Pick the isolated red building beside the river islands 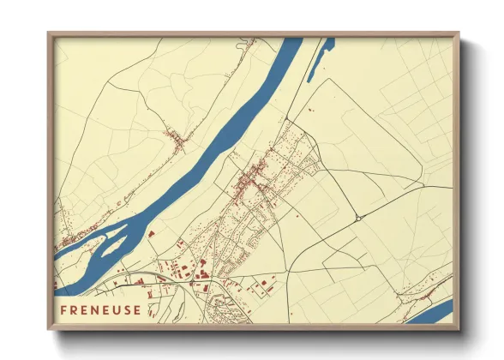151,232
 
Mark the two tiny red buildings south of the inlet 308,111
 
